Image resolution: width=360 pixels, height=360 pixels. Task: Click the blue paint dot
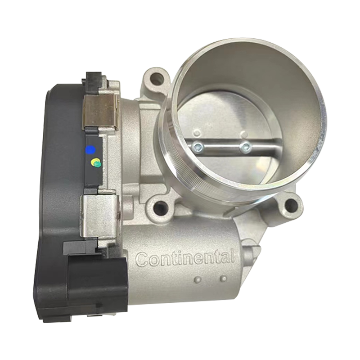(90, 149)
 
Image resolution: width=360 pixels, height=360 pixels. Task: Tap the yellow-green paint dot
(96, 162)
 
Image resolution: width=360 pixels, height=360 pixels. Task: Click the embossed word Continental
(185, 258)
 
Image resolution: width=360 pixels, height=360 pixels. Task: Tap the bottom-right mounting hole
(290, 204)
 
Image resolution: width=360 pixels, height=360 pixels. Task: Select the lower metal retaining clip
(99, 216)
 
